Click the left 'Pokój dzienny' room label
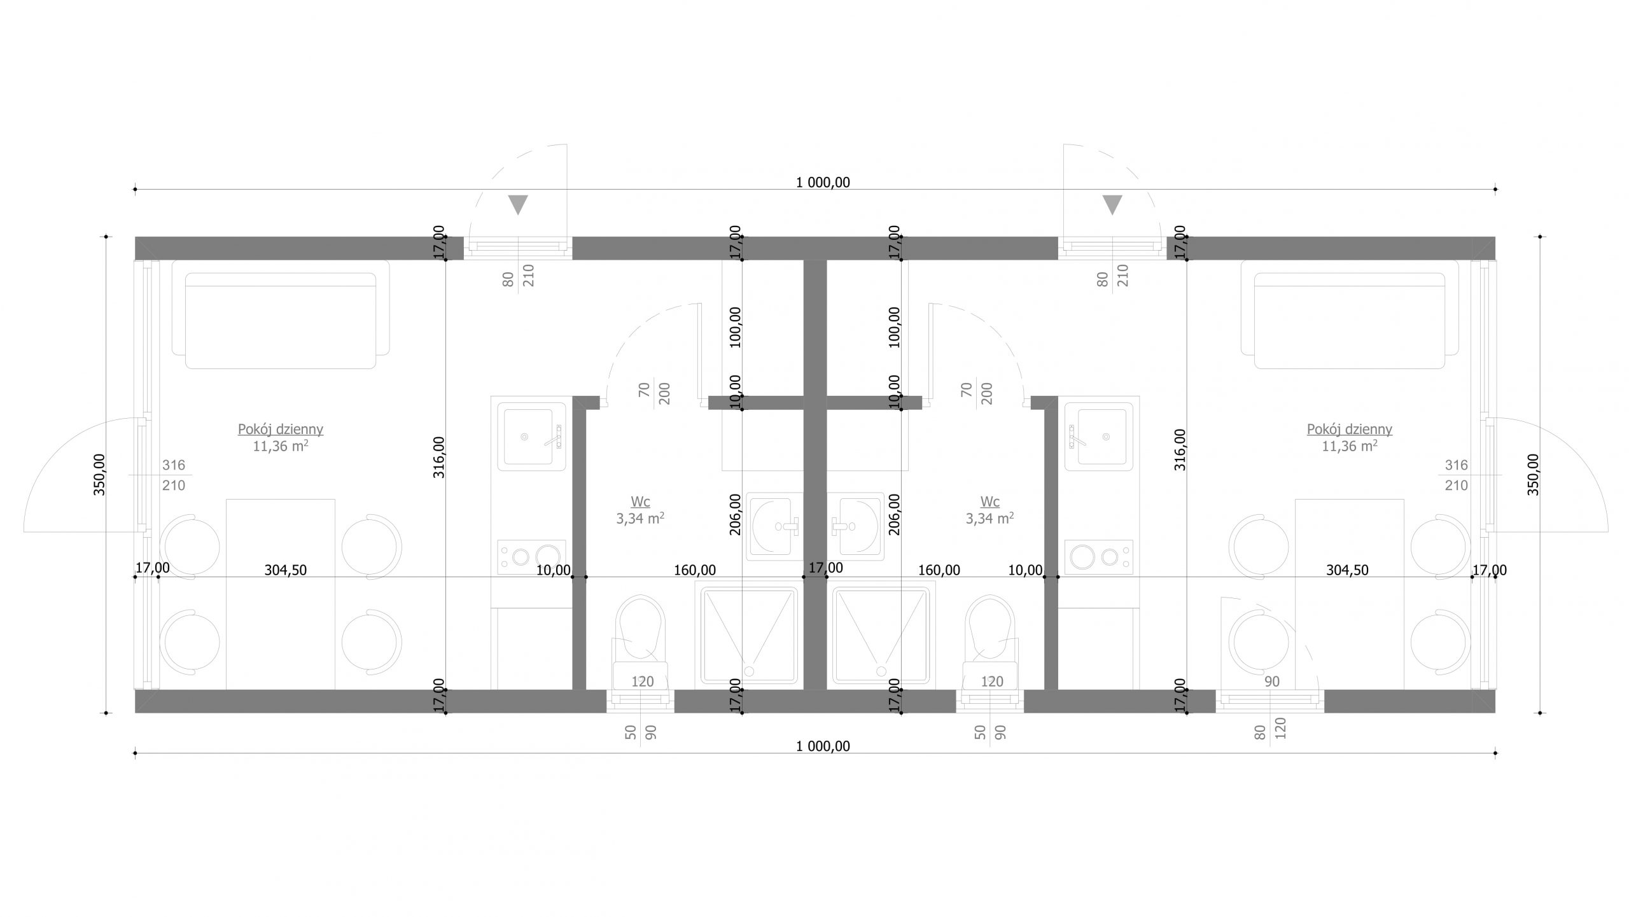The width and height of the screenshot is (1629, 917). click(281, 430)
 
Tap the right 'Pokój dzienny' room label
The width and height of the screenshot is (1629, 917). click(1350, 430)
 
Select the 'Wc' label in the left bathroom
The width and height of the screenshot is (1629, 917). click(640, 502)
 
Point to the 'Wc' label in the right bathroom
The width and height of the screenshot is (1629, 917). click(990, 502)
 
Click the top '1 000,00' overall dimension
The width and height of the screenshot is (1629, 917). click(823, 183)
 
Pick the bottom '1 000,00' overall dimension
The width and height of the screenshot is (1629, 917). click(823, 746)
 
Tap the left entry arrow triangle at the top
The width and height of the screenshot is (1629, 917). click(518, 205)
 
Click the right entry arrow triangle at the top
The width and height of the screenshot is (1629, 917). click(1112, 205)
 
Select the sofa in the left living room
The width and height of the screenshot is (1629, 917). click(281, 321)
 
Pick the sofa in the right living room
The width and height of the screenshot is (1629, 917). click(1350, 321)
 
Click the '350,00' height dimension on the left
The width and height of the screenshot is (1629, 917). click(100, 474)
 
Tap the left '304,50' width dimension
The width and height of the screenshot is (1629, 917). click(286, 570)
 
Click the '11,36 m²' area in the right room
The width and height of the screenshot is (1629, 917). click(1350, 446)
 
